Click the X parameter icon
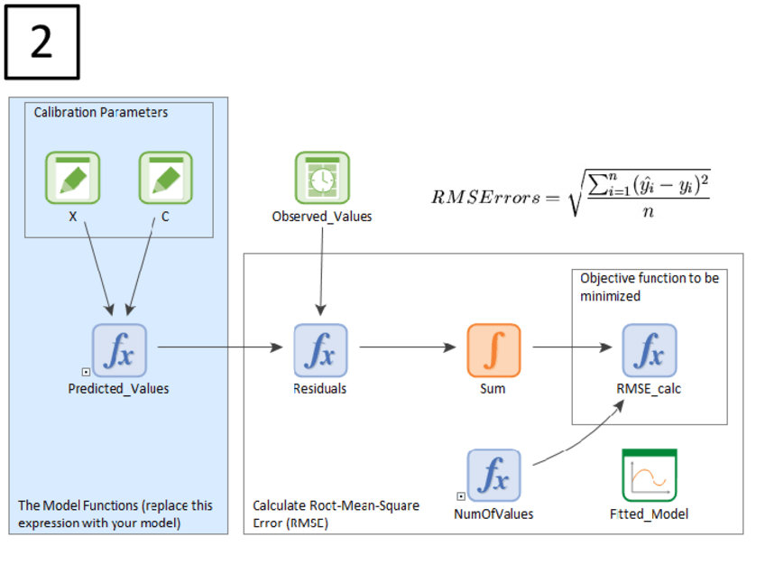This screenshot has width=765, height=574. click(x=73, y=178)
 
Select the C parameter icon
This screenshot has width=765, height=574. click(x=165, y=178)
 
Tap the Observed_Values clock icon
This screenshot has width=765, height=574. click(x=322, y=178)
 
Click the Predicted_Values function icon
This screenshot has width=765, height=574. click(x=119, y=351)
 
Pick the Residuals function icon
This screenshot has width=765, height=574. click(x=321, y=351)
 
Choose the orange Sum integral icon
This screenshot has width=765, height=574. click(x=493, y=351)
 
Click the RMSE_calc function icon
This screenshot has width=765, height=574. click(x=649, y=351)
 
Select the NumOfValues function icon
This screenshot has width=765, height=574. click(x=493, y=476)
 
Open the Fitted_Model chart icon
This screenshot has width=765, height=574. click(x=649, y=476)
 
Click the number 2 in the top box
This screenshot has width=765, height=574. click(x=41, y=42)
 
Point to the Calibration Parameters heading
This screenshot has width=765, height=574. click(x=101, y=113)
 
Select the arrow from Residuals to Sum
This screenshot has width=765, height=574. click(x=408, y=346)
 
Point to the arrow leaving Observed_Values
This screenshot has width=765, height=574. click(x=320, y=271)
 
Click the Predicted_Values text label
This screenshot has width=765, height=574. click(x=118, y=389)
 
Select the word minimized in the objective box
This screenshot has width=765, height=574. click(x=610, y=296)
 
